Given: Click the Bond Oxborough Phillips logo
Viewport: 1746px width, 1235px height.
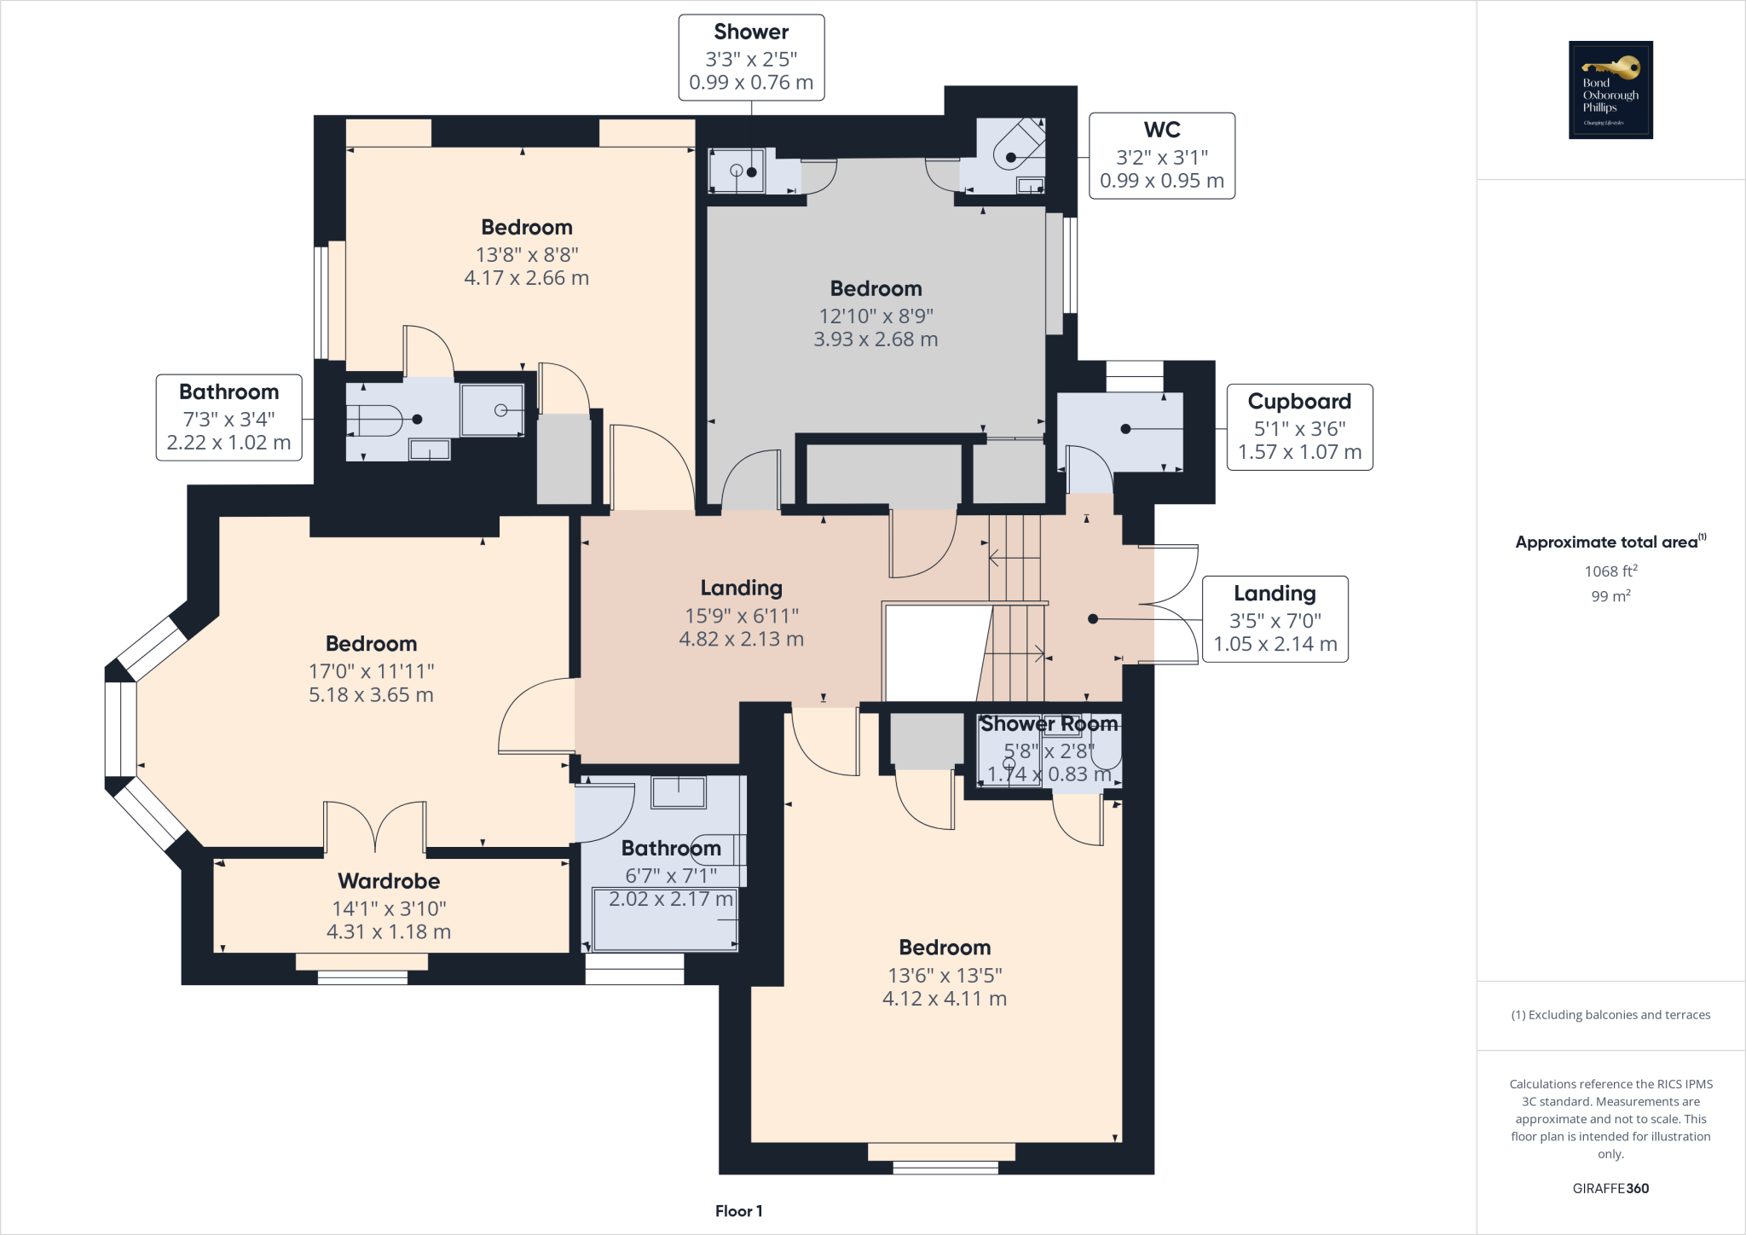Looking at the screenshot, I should pyautogui.click(x=1610, y=90).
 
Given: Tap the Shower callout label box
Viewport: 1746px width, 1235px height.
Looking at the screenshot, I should pyautogui.click(x=751, y=57).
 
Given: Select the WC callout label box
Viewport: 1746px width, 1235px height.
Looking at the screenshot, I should pyautogui.click(x=1161, y=155).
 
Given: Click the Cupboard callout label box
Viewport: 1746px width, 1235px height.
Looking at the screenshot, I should pyautogui.click(x=1299, y=426).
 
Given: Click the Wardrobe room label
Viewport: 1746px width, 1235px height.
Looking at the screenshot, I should pyautogui.click(x=389, y=881).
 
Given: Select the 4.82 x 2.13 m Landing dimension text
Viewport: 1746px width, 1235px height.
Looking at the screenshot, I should pyautogui.click(x=741, y=639).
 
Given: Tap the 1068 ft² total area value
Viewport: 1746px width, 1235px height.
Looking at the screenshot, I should pyautogui.click(x=1610, y=571).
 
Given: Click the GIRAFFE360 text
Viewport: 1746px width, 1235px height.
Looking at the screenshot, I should pyautogui.click(x=1610, y=1188).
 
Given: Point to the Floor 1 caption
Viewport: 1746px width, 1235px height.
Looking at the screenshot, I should pyautogui.click(x=738, y=1211).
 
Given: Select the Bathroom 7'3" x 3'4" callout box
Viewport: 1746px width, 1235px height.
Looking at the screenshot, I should pyautogui.click(x=228, y=417).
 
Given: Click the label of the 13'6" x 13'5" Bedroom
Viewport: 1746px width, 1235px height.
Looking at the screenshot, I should pyautogui.click(x=945, y=948).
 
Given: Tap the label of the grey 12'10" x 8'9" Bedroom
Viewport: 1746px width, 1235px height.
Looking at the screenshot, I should pyautogui.click(x=876, y=288).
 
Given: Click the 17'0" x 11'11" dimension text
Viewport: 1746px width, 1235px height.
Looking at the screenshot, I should pyautogui.click(x=371, y=671).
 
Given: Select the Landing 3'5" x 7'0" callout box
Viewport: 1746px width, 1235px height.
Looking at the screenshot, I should pyautogui.click(x=1275, y=618).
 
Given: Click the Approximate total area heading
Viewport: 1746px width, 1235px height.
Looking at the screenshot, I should pyautogui.click(x=1610, y=542).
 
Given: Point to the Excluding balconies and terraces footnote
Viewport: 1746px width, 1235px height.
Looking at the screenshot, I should pyautogui.click(x=1610, y=1015).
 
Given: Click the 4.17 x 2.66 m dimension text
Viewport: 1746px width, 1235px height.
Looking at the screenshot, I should pyautogui.click(x=526, y=278).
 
